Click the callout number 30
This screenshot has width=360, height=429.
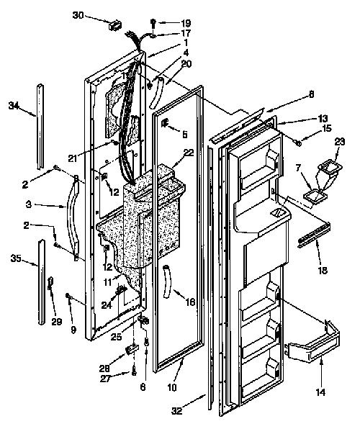coord(78,15)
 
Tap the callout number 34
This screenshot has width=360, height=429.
coord(14,105)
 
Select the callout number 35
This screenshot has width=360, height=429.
coord(16,258)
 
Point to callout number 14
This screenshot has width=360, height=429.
coord(320,392)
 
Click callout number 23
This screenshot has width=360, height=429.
coord(340,142)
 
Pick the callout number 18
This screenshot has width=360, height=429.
coord(323,271)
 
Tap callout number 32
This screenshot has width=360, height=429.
coord(177,411)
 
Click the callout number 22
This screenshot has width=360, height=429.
coord(189,152)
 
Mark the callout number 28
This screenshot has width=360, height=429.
coord(106,368)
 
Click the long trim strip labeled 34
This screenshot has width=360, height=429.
coord(40,127)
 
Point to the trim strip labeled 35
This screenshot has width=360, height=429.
coord(41,282)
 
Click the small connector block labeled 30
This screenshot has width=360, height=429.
coord(114,25)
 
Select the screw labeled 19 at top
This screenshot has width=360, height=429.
coord(154,22)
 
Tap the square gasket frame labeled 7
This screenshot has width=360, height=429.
coord(315,197)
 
